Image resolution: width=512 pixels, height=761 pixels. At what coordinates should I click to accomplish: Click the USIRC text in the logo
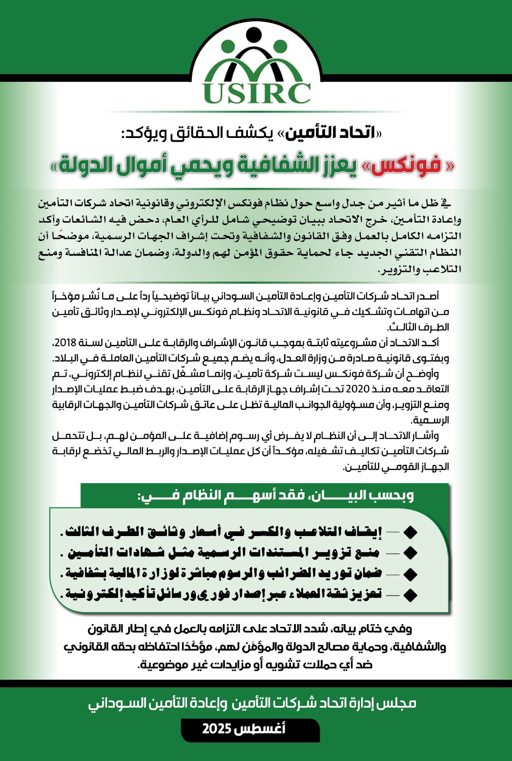(x=256, y=92)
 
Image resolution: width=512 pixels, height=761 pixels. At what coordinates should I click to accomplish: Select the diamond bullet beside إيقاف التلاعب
(x=410, y=532)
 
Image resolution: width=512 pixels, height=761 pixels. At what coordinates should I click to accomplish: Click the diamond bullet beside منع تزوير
(x=410, y=553)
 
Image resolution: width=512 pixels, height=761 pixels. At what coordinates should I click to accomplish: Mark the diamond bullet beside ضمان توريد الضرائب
(x=410, y=574)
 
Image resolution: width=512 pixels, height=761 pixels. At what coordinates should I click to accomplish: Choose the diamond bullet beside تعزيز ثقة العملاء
(x=410, y=595)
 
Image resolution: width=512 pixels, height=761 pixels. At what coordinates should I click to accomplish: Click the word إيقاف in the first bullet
(x=365, y=532)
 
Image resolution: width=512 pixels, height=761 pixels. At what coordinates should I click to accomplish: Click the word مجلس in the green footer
(x=399, y=703)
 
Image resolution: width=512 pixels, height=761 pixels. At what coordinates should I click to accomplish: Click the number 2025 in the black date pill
(x=217, y=729)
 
